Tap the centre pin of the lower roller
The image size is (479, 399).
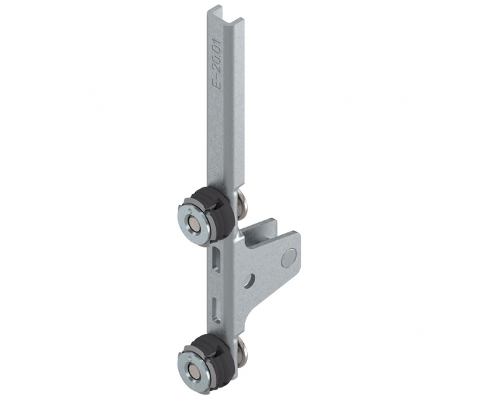coord(194,368)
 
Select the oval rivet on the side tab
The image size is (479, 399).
coord(290,257)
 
